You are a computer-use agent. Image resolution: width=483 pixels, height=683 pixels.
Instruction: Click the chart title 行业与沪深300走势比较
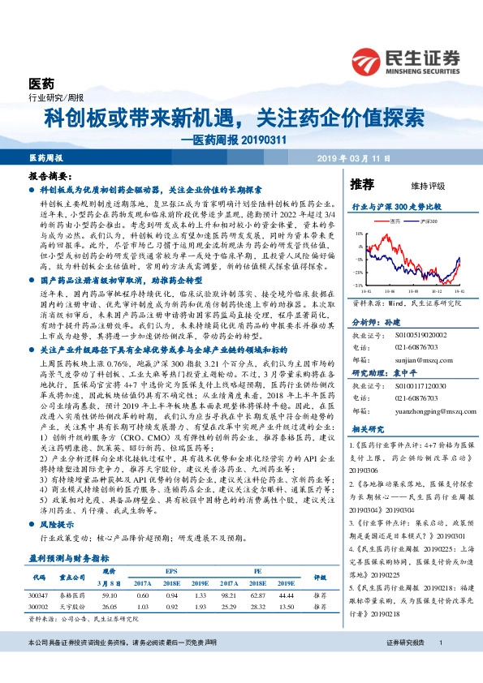point(389,207)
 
